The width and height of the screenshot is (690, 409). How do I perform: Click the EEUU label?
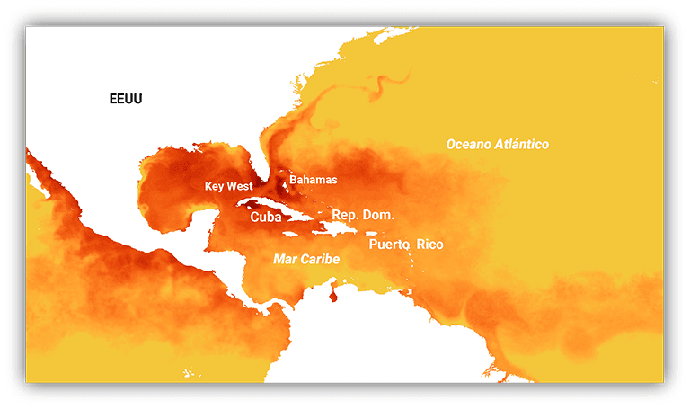pyautogui.click(x=125, y=99)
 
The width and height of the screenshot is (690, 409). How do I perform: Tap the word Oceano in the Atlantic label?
pyautogui.click(x=471, y=144)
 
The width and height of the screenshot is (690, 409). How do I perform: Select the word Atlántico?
pyautogui.click(x=522, y=144)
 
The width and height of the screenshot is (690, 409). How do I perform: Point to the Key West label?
pyautogui.click(x=228, y=187)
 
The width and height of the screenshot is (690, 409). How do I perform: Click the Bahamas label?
pyautogui.click(x=314, y=180)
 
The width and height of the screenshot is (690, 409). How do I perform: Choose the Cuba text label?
pyautogui.click(x=266, y=217)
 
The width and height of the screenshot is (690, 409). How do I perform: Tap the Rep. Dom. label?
pyautogui.click(x=363, y=216)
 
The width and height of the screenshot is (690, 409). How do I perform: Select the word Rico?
pyautogui.click(x=430, y=245)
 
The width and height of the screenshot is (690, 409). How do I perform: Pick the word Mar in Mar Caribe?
pyautogui.click(x=285, y=259)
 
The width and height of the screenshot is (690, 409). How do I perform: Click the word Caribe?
pyautogui.click(x=321, y=259)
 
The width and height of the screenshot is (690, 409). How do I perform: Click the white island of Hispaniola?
pyautogui.click(x=339, y=229)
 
